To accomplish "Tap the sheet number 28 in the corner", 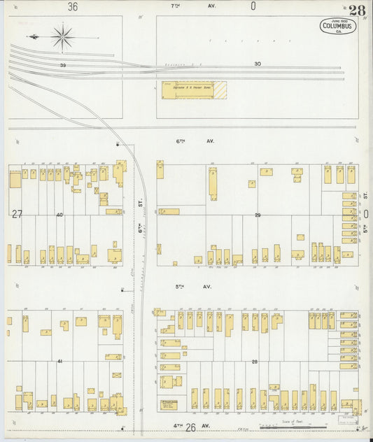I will click(357, 10).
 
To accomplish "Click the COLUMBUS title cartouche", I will click(337, 27).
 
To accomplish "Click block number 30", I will click(258, 64).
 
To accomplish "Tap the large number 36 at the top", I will click(73, 6).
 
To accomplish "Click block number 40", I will click(59, 215).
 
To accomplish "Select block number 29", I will click(258, 215).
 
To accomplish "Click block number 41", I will click(59, 361).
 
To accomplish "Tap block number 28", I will click(255, 361).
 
